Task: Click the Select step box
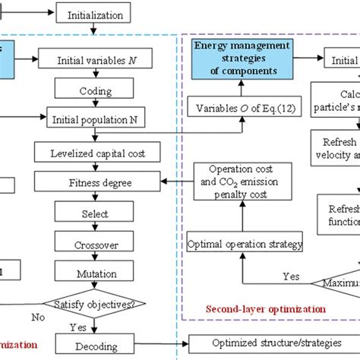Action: click(94, 214)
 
